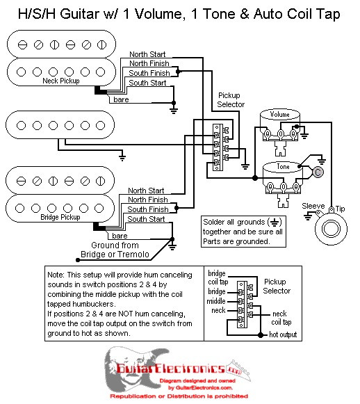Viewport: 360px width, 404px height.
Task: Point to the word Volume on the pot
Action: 279,114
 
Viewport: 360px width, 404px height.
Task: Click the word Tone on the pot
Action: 283,167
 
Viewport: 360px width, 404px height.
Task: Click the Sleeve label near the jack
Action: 312,207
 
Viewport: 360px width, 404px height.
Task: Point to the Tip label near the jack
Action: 341,209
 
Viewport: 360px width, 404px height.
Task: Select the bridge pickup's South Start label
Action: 147,219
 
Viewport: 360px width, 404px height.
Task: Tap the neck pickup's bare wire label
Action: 121,99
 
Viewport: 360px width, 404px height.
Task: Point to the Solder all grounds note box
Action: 243,231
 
